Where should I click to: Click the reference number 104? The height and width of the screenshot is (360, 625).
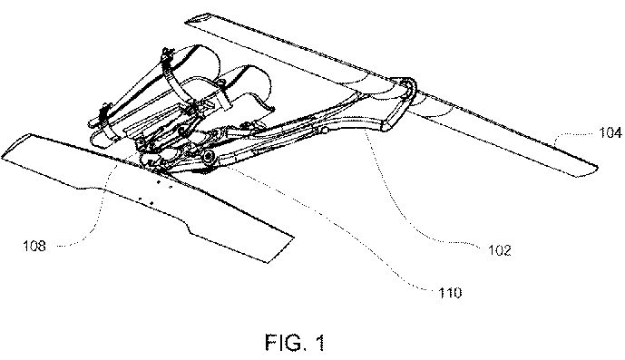[610, 132]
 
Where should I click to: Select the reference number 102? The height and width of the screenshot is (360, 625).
[500, 250]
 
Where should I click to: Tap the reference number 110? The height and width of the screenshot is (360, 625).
[450, 293]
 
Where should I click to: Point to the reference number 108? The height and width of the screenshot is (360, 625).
[34, 246]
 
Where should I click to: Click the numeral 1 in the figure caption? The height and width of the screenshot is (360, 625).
[320, 342]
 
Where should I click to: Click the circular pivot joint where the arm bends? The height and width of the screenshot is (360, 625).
[210, 158]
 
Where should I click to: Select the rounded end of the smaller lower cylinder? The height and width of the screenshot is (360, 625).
[259, 84]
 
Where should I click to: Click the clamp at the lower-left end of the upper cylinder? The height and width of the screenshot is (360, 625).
[104, 111]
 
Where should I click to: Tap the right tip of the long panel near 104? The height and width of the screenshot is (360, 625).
[598, 168]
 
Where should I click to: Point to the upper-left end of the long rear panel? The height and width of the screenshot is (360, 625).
[186, 23]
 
